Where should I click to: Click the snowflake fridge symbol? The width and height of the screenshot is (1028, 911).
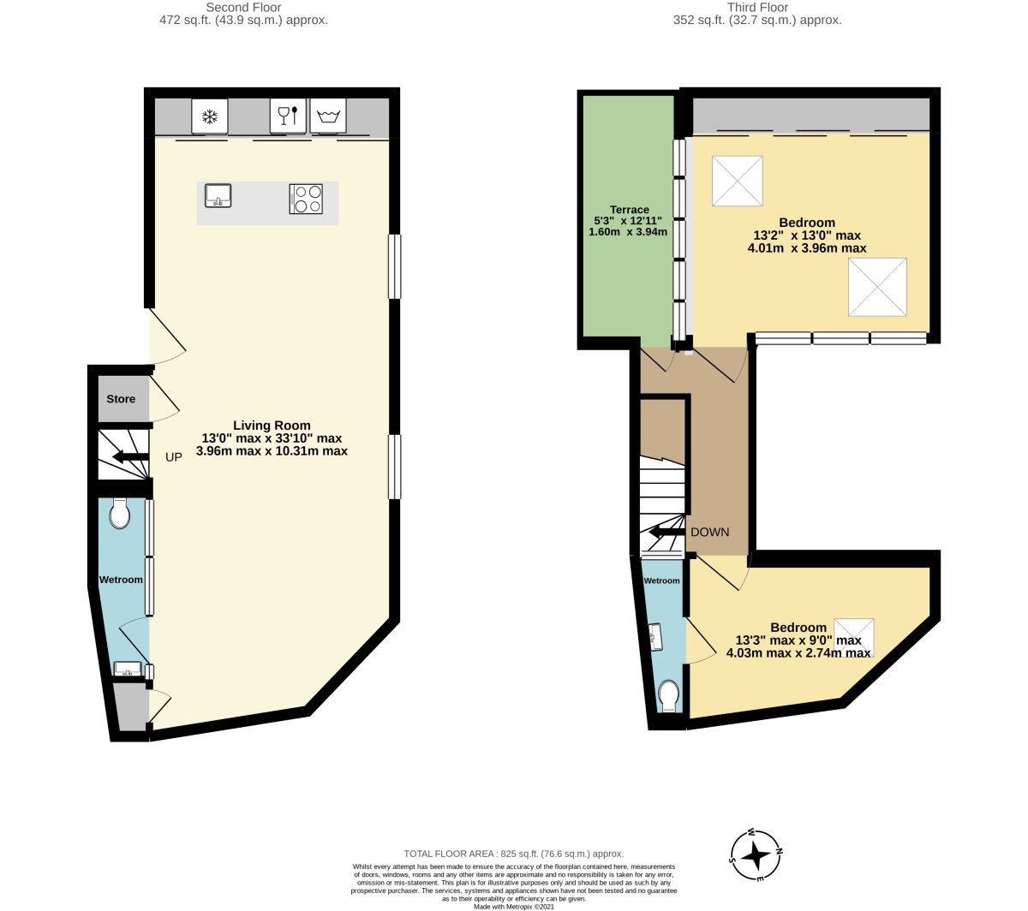pyautogui.click(x=210, y=117)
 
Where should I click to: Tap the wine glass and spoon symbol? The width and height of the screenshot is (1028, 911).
pyautogui.click(x=288, y=115)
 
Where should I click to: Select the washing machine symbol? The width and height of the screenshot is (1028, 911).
pyautogui.click(x=328, y=116)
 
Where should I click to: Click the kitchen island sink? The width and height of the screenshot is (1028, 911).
pyautogui.click(x=218, y=195)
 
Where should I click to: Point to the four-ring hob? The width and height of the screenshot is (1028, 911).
pyautogui.click(x=306, y=199)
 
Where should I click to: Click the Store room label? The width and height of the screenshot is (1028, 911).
pyautogui.click(x=121, y=399)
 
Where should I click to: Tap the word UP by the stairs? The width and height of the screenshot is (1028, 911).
pyautogui.click(x=174, y=457)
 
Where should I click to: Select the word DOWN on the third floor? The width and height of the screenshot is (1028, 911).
pyautogui.click(x=710, y=532)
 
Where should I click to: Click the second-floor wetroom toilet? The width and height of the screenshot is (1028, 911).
pyautogui.click(x=120, y=514)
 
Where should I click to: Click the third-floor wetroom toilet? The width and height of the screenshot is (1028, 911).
pyautogui.click(x=668, y=695)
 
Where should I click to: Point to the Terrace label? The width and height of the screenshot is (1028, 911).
pyautogui.click(x=629, y=210)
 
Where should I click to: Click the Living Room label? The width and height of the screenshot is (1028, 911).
pyautogui.click(x=272, y=425)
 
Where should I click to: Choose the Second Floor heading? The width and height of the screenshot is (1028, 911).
pyautogui.click(x=243, y=7)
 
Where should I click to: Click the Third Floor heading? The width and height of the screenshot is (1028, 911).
pyautogui.click(x=757, y=7)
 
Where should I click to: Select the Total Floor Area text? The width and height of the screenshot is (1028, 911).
pyautogui.click(x=513, y=854)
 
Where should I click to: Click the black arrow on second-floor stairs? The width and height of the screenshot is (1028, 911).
pyautogui.click(x=130, y=456)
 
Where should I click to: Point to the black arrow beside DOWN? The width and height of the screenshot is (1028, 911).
pyautogui.click(x=667, y=532)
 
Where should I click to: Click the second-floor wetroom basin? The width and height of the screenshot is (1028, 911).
pyautogui.click(x=128, y=669)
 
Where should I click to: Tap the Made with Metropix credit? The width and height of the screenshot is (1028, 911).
pyautogui.click(x=513, y=907)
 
